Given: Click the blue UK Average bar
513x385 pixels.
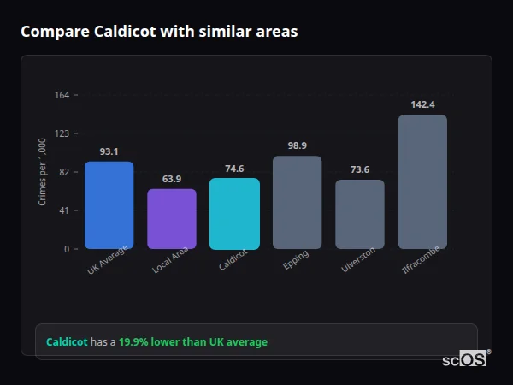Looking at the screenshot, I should [x=109, y=204].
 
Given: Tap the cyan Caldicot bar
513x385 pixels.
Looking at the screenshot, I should [x=234, y=213].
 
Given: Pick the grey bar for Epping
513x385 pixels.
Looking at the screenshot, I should [x=297, y=202].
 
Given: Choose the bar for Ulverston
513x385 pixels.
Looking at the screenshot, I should [x=359, y=214].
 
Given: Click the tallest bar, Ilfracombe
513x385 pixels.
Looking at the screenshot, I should [x=422, y=181].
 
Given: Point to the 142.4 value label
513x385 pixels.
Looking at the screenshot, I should [x=422, y=104].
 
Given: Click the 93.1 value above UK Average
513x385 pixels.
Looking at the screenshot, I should [x=109, y=151].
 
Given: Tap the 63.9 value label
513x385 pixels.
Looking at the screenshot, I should [x=172, y=179].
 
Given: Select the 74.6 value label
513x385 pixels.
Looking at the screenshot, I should [x=234, y=169].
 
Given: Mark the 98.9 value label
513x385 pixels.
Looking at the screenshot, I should [x=297, y=145].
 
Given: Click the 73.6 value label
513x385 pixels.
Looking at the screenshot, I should [x=359, y=169].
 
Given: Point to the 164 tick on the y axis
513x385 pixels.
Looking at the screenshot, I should [x=62, y=95].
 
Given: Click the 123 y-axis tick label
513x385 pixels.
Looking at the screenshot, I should [x=62, y=133].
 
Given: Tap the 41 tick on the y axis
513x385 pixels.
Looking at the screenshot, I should [x=64, y=210].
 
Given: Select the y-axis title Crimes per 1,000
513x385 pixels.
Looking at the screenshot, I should [x=43, y=172].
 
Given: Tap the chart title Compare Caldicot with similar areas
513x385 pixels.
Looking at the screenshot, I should [x=159, y=32].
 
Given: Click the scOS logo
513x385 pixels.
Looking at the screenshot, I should [x=465, y=359].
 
